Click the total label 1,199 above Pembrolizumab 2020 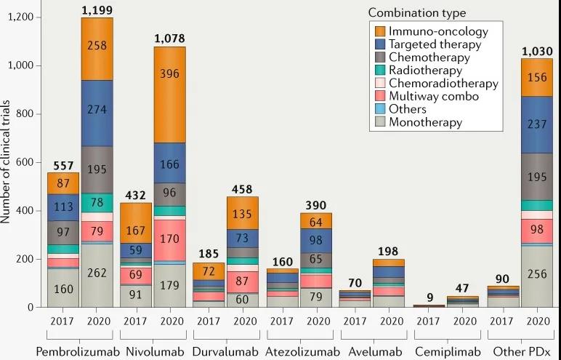(x=97, y=9)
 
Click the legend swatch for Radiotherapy (x=379, y=71)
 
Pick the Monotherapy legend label (x=425, y=122)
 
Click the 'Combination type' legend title (x=416, y=12)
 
